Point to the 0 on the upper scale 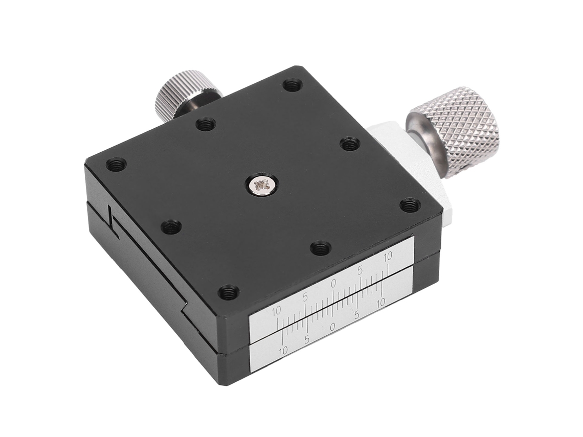coord(333,283)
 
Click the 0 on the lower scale coord(333,327)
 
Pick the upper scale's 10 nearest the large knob coord(388,256)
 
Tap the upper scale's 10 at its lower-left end coord(277,311)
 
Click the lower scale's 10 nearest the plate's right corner coord(380,303)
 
